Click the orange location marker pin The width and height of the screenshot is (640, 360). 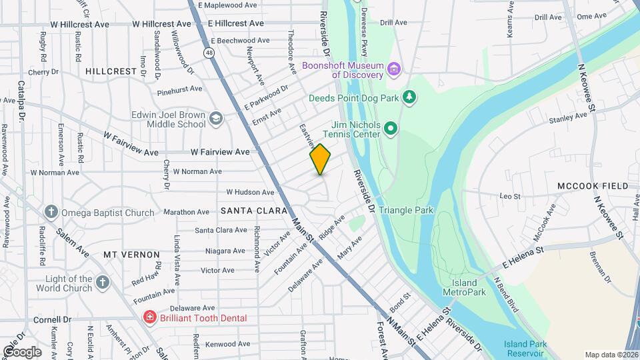[x=321, y=159]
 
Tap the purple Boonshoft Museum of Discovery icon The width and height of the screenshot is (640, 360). [x=395, y=69]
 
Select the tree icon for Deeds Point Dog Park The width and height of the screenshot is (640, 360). [x=410, y=98]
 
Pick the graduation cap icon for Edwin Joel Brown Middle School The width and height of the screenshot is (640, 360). [x=215, y=119]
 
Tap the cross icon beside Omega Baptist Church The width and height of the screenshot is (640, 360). [x=51, y=213]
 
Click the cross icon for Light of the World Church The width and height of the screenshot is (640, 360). [x=103, y=283]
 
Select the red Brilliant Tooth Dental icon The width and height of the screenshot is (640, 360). [x=150, y=318]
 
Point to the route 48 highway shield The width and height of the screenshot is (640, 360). [x=210, y=52]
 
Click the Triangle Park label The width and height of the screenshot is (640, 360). [x=406, y=210]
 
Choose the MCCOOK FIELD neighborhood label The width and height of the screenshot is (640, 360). [x=593, y=185]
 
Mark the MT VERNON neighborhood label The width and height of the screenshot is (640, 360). [x=131, y=255]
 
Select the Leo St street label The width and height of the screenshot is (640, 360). [x=510, y=196]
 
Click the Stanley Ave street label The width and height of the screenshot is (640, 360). [x=567, y=118]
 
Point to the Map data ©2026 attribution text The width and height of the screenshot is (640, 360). [x=611, y=355]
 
